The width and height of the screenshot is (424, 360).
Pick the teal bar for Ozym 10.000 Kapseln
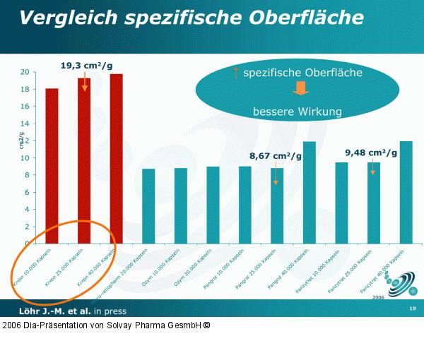click(181, 205)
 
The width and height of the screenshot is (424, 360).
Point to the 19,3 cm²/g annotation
click(86, 66)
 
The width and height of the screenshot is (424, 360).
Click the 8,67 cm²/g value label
click(276, 155)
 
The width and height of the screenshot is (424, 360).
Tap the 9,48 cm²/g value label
click(371, 152)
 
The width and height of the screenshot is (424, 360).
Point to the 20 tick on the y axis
click(25, 72)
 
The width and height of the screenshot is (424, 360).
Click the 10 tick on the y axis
click(25, 158)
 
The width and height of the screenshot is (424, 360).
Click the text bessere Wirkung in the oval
click(298, 112)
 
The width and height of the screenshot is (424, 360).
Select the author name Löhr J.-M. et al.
click(48, 311)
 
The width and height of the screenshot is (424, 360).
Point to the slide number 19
click(412, 310)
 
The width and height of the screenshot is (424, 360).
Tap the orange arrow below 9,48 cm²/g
click(372, 167)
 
